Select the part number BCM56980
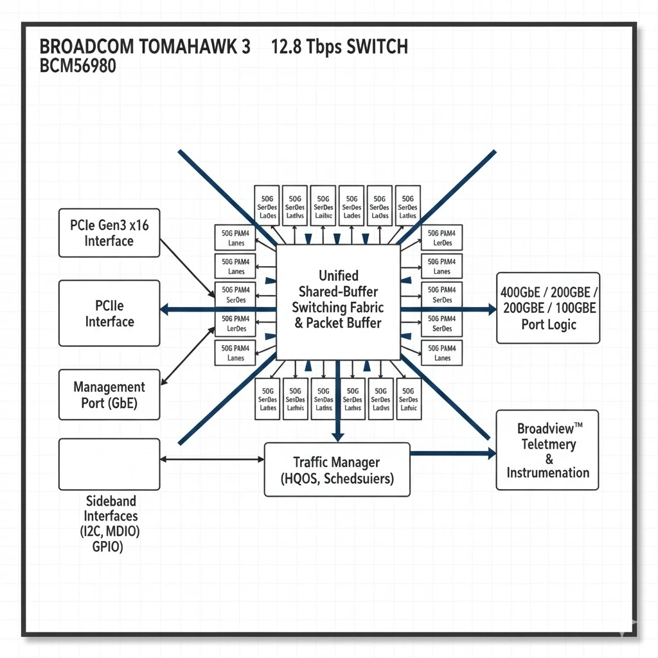point(78,66)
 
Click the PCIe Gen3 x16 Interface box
point(109,233)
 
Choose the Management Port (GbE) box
point(109,395)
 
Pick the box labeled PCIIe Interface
point(109,313)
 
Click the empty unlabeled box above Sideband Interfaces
point(109,464)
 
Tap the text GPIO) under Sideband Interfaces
point(107,547)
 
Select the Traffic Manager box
point(337,470)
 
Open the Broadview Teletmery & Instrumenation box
point(547,450)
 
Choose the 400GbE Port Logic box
point(548,308)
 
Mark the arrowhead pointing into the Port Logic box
point(492,309)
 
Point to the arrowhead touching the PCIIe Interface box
point(165,309)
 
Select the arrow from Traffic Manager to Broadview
point(452,454)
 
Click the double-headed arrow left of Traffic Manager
point(212,459)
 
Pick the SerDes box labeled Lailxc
point(323,207)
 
